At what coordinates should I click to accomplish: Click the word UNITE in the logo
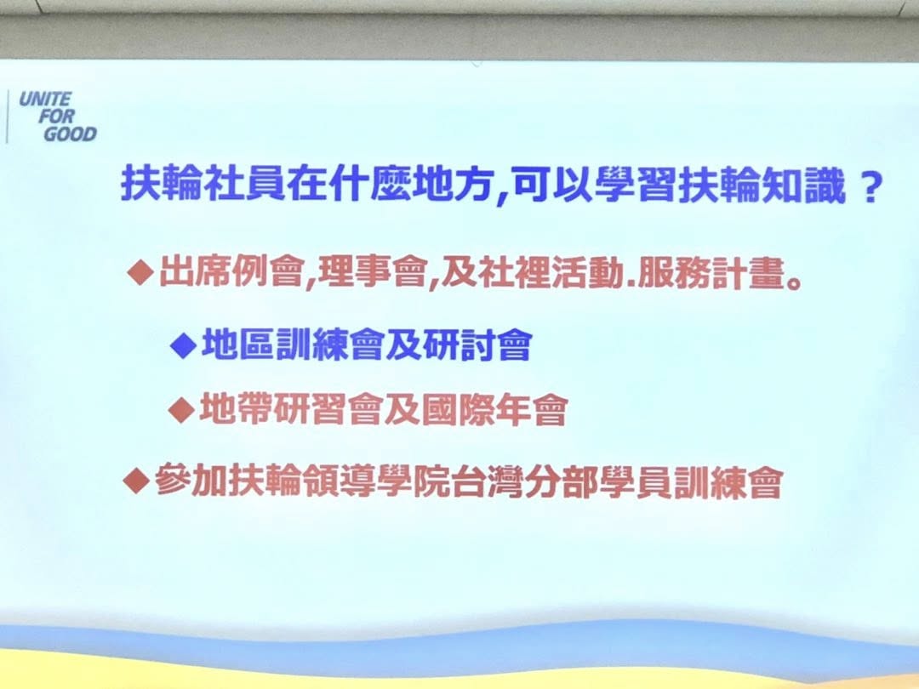pos(45,99)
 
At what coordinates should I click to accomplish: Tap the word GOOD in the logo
pos(70,134)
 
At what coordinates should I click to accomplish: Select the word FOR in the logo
pos(56,116)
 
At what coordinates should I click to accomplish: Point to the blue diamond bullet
pos(184,345)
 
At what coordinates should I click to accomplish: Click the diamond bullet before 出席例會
pos(140,273)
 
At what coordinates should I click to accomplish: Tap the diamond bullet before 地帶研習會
pos(181,409)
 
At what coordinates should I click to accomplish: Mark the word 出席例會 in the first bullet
pos(231,272)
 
